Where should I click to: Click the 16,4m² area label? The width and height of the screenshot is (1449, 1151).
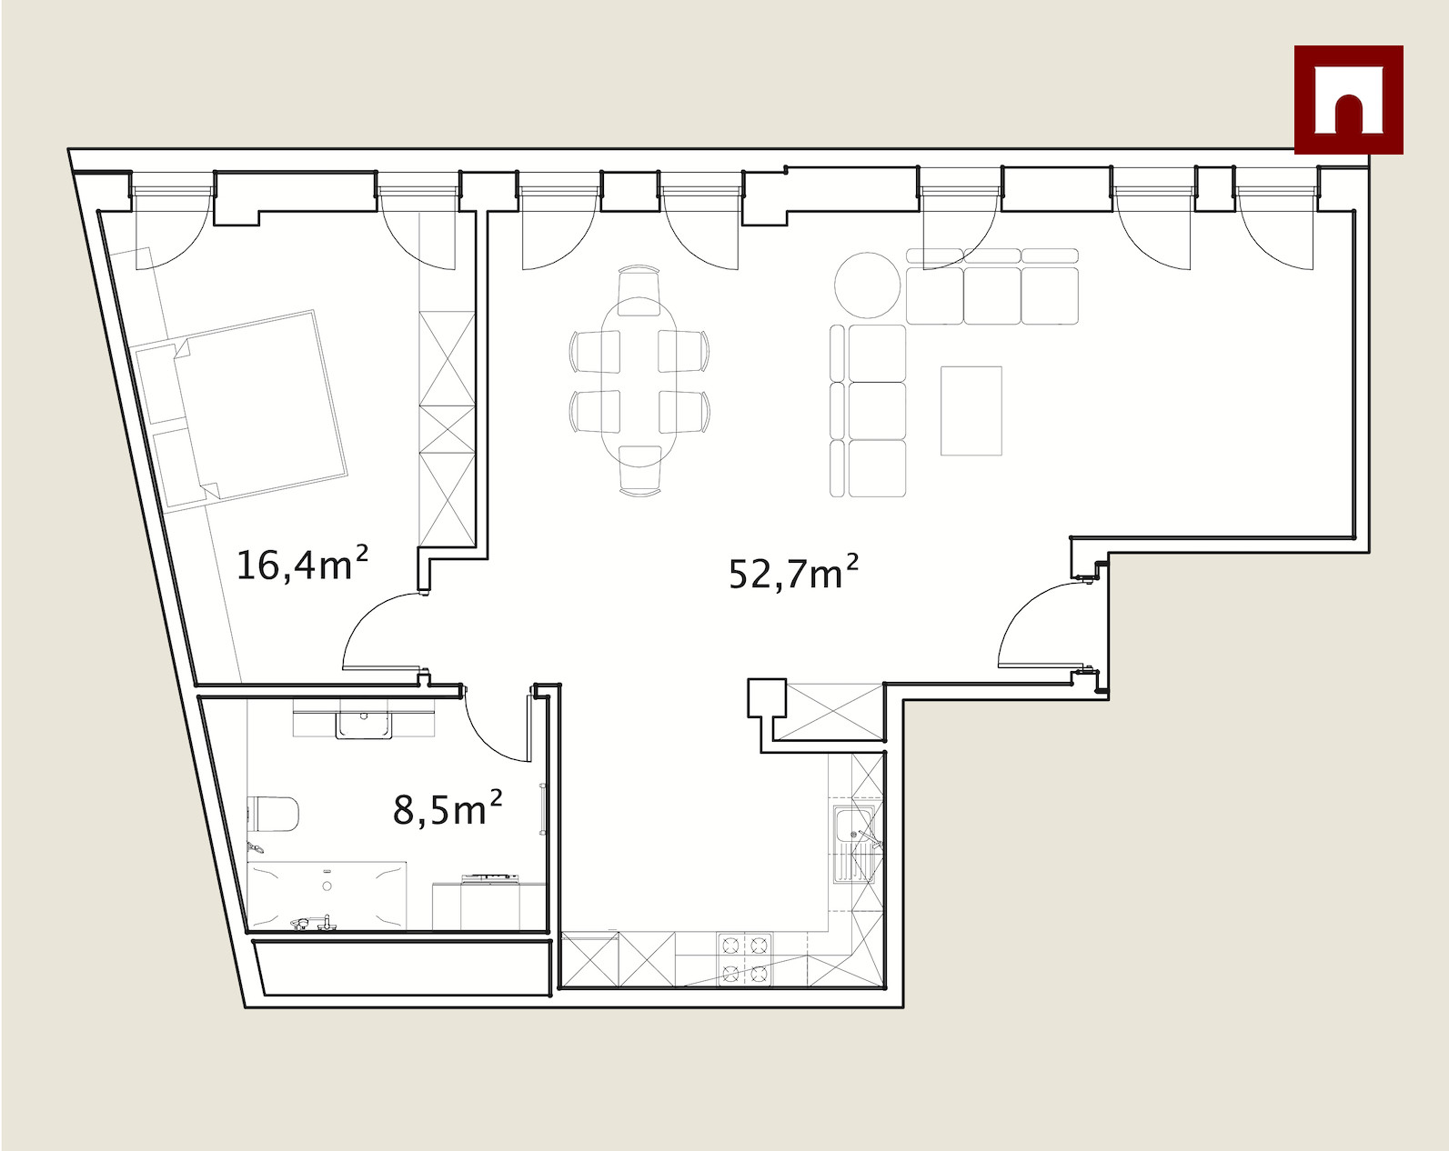[x=302, y=564]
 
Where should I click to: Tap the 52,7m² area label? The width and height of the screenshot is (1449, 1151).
[x=794, y=572]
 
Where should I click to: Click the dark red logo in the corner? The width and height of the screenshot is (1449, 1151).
[x=1348, y=100]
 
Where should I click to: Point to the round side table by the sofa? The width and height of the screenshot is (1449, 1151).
[x=867, y=285]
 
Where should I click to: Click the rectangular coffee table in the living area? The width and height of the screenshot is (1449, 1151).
[x=971, y=411]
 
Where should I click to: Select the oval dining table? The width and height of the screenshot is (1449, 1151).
[x=639, y=381]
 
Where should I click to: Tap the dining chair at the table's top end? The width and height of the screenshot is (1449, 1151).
[x=639, y=289]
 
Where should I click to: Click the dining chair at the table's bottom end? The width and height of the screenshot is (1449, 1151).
[x=639, y=471]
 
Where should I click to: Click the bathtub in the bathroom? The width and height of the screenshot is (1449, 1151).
[x=327, y=895]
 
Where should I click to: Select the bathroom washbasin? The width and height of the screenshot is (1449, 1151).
[x=364, y=725]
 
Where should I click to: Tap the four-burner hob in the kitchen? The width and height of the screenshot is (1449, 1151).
[x=745, y=959]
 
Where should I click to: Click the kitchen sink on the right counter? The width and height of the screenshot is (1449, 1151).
[x=854, y=844]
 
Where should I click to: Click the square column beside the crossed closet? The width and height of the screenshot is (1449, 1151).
[x=767, y=697]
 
